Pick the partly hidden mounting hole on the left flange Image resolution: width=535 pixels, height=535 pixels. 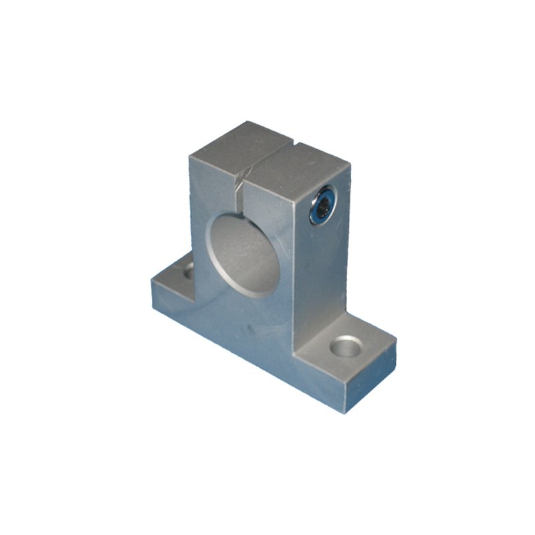[187, 270]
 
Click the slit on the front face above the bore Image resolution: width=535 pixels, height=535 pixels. [239, 194]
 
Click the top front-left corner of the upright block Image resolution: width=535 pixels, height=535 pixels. [189, 156]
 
